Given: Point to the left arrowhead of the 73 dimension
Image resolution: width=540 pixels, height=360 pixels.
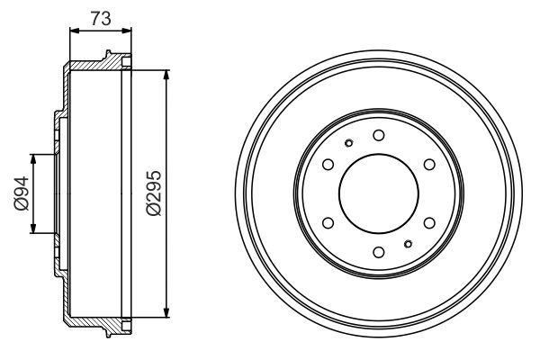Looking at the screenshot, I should tap(74, 30).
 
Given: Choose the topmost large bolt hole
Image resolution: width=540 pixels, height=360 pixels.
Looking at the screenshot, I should tap(378, 135).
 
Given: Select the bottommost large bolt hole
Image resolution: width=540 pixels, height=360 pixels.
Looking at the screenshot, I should tap(378, 251).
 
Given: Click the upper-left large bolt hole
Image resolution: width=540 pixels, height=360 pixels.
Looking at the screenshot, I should tap(328, 164).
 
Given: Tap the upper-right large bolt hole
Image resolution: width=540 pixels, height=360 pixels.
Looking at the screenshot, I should tap(428, 164).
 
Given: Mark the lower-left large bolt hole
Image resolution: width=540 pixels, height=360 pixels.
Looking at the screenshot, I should tap(328, 222).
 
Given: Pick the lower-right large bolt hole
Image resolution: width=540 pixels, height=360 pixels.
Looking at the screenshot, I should tap(428, 222).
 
